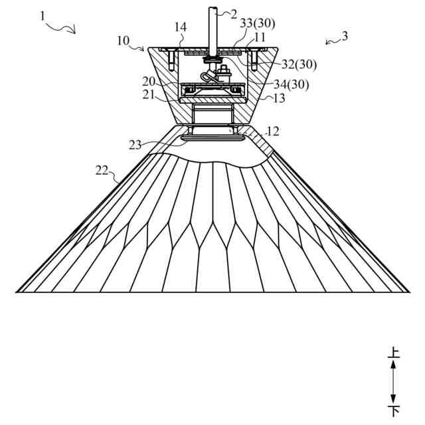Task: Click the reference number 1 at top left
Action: point(43,15)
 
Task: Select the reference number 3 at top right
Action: point(343,37)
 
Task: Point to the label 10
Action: point(123,41)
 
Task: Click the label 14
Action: point(181,27)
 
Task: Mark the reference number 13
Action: point(279,98)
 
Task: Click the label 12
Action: point(272,131)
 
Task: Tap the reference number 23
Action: point(135,145)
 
